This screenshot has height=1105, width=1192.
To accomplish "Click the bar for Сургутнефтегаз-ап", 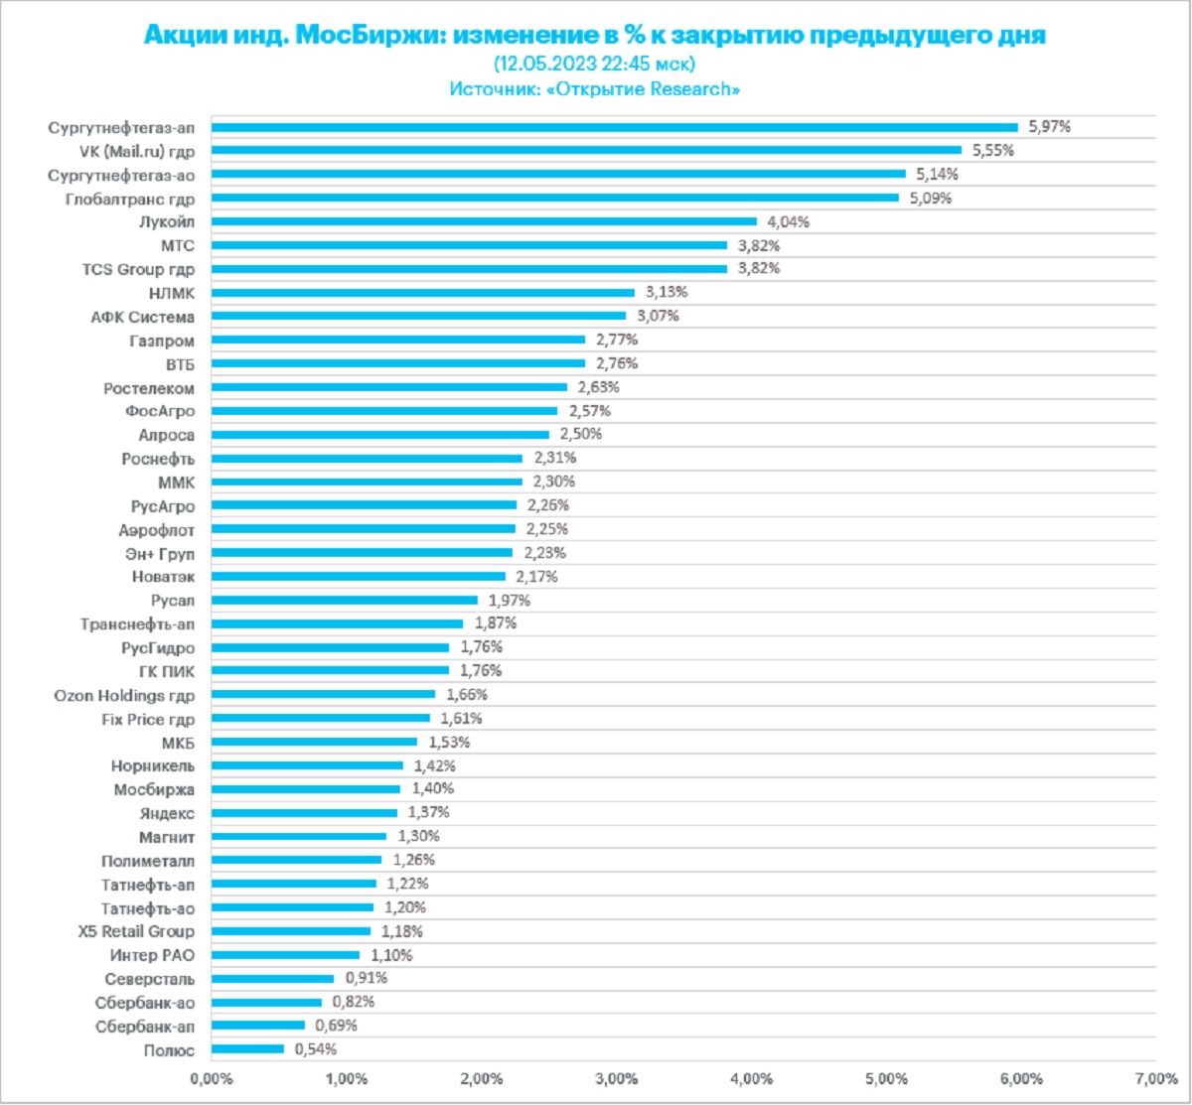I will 614,127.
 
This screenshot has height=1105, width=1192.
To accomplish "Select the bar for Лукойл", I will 484,221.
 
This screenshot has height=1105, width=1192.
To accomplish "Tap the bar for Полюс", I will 247,1048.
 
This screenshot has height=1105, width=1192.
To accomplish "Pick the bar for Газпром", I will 397,340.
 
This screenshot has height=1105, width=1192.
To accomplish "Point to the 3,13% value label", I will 667,292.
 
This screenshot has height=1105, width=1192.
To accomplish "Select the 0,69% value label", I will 337,1025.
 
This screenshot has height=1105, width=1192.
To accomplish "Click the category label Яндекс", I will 168,812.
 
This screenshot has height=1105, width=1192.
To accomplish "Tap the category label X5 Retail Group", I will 136,931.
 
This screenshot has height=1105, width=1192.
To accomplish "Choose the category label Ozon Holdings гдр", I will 124,694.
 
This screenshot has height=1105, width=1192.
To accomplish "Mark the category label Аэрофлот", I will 157,529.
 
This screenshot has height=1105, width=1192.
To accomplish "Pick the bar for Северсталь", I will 272,978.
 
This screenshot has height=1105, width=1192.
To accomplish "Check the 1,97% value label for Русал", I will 509,600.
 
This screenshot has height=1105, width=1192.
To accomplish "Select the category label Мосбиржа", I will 155,789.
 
